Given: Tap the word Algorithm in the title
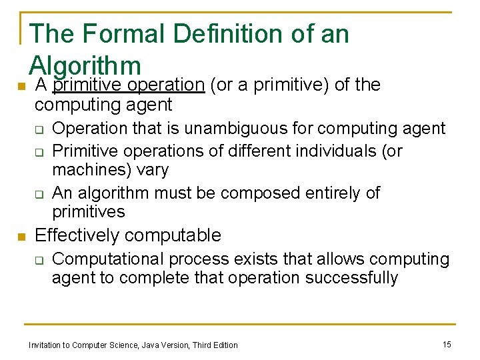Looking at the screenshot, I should click(x=85, y=65).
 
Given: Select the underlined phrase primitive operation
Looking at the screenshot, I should click(x=128, y=85).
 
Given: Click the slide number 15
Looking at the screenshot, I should click(x=447, y=344).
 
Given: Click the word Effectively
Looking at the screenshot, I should click(x=79, y=235).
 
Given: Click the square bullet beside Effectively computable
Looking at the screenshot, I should click(x=21, y=236).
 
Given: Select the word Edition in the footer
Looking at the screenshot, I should click(x=225, y=345).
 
